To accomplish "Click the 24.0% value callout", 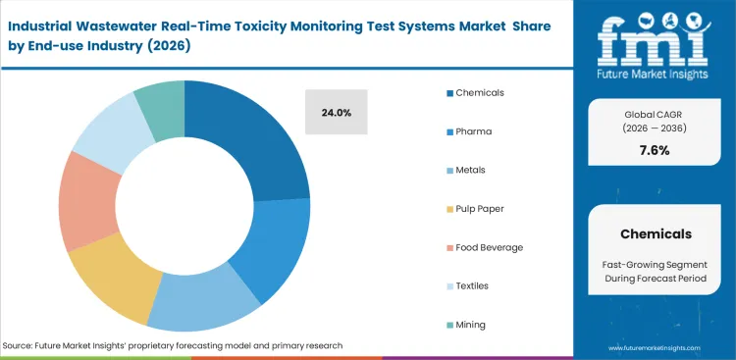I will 336,113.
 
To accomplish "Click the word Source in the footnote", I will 20,346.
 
